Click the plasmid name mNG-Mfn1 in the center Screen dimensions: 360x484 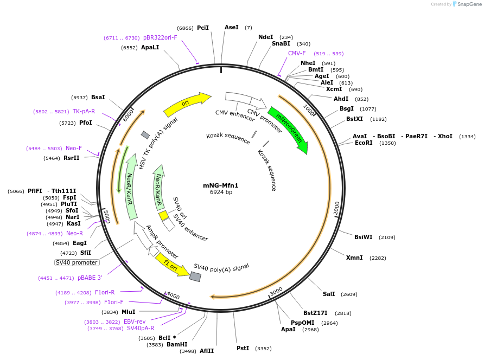[221, 185]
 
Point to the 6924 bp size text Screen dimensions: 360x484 [221, 192]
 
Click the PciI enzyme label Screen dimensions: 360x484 [203, 28]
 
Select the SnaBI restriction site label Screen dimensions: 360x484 [281, 44]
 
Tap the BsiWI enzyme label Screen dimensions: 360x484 [364, 237]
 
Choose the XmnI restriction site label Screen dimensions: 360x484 [354, 258]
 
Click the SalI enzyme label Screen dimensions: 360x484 [329, 294]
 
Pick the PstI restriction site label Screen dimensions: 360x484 [243, 348]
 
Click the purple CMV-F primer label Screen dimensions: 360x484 [297, 53]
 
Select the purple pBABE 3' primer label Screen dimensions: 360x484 [90, 278]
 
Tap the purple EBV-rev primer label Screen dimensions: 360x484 [135, 322]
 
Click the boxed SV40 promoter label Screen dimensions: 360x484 [77, 262]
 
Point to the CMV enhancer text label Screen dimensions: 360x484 [235, 113]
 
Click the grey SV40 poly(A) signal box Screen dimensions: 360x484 [195, 277]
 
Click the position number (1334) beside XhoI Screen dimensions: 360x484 [467, 137]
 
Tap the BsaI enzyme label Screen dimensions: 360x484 [98, 97]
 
